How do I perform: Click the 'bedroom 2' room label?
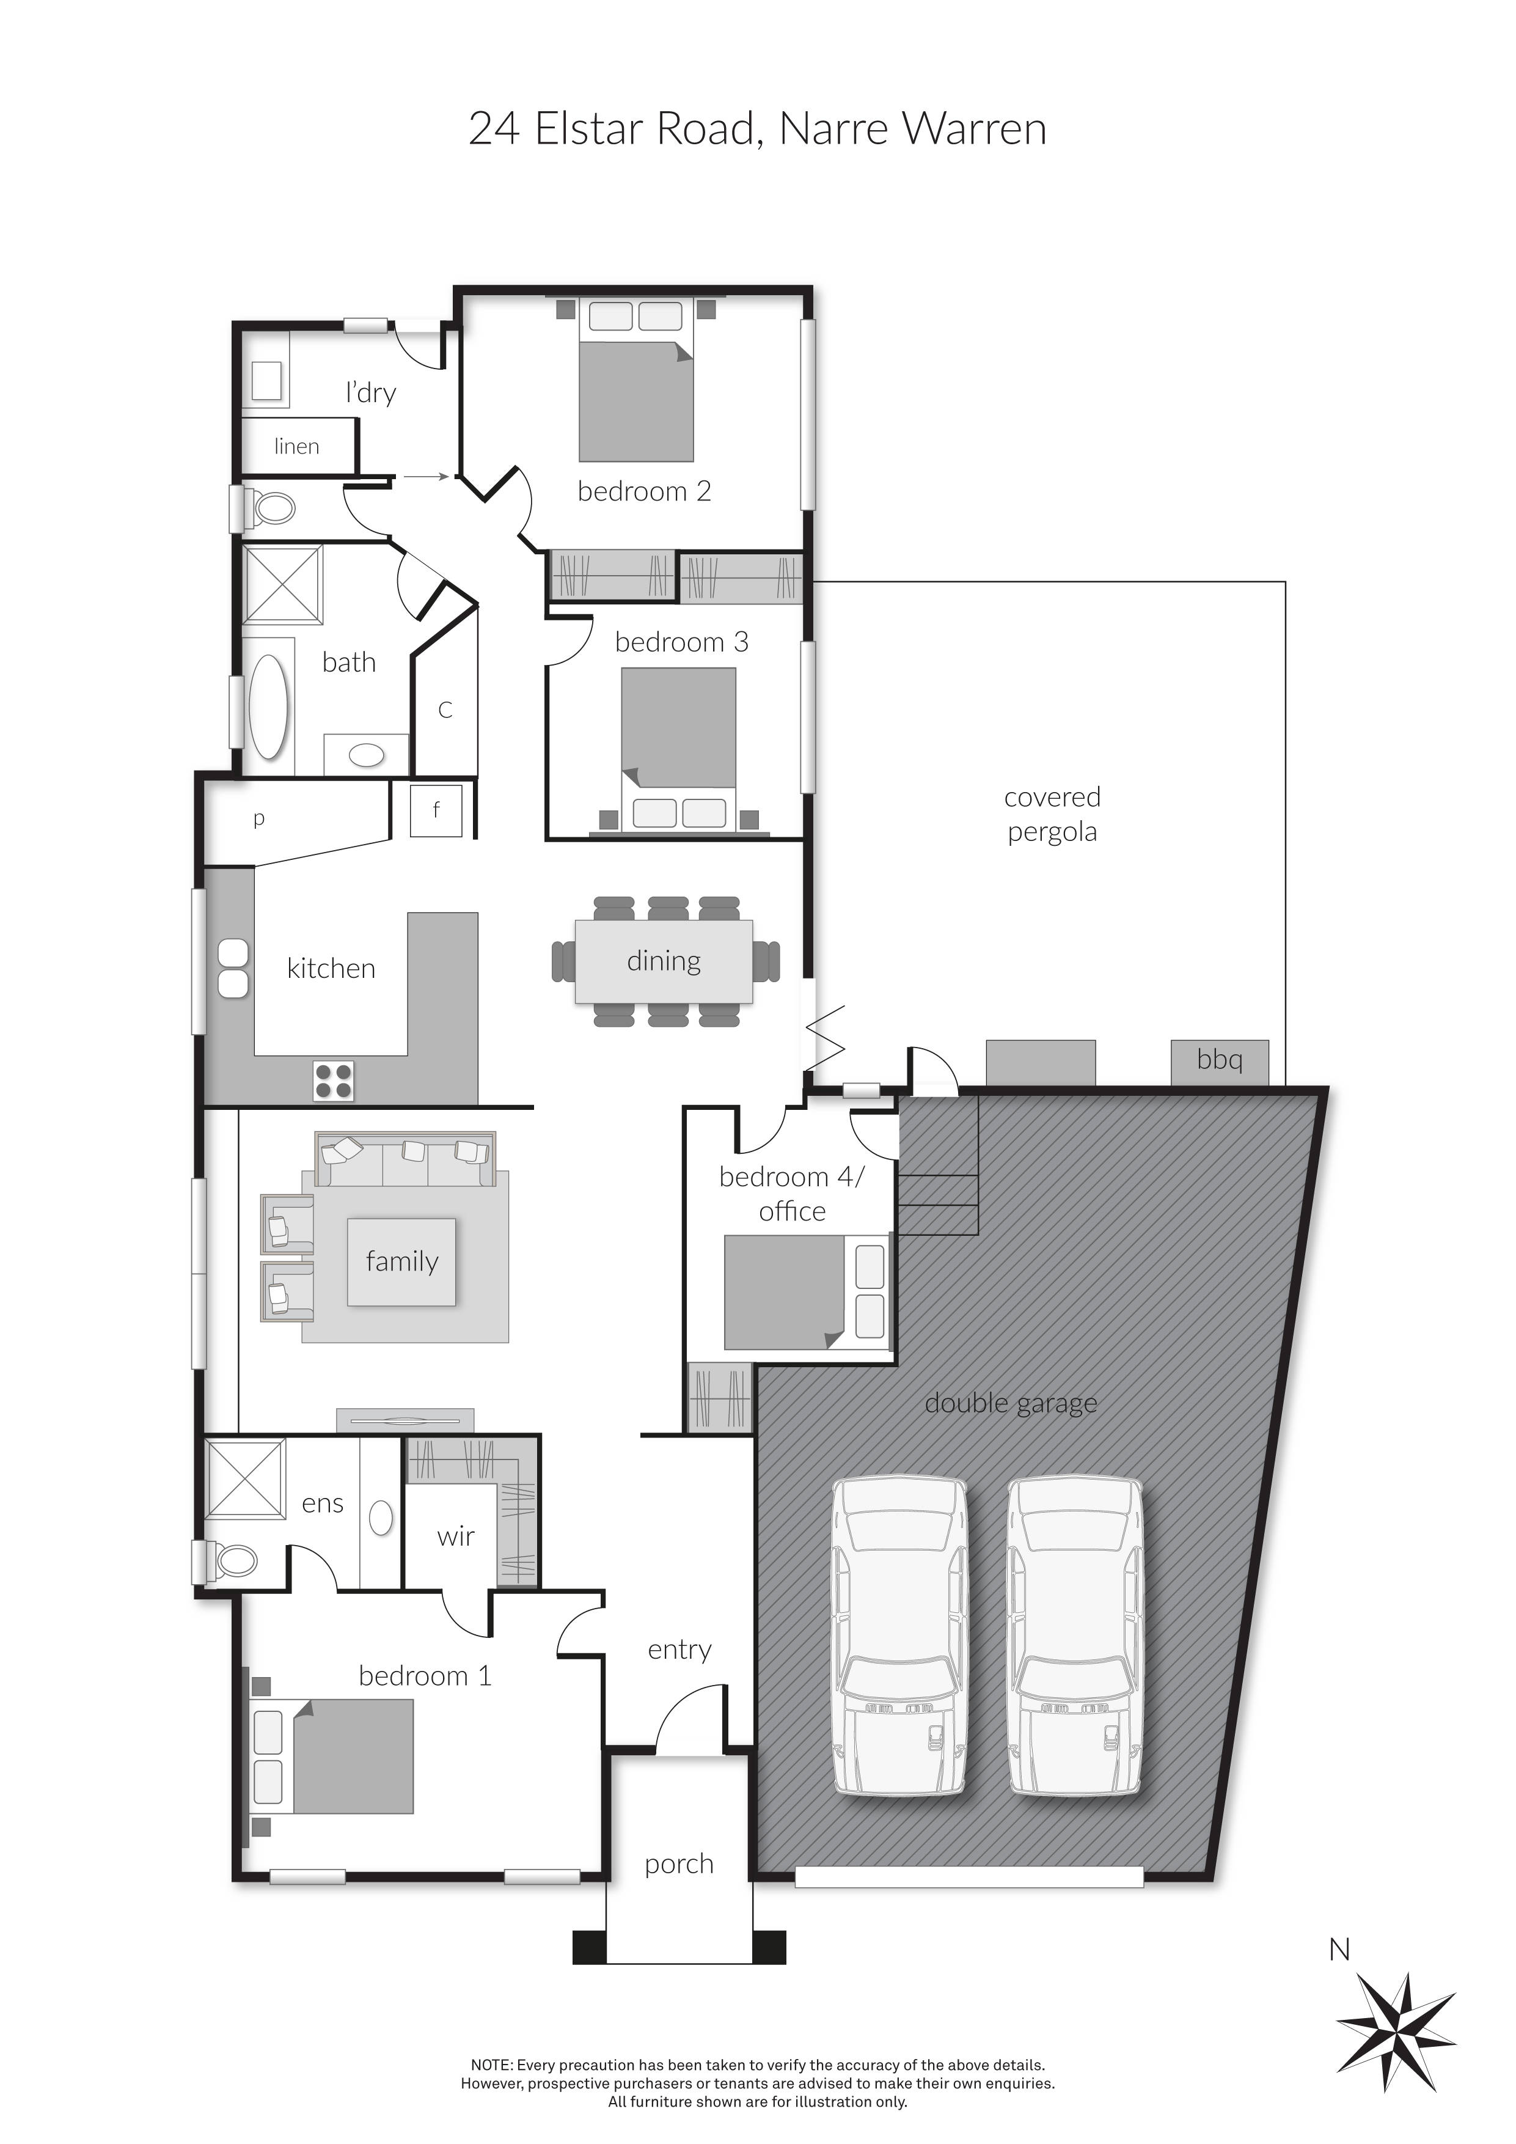point(644,491)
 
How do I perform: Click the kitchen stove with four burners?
point(333,1081)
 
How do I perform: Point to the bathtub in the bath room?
point(269,706)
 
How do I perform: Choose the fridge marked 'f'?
point(436,810)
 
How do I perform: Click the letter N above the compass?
point(1339,1950)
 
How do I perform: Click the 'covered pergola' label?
point(1052,814)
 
